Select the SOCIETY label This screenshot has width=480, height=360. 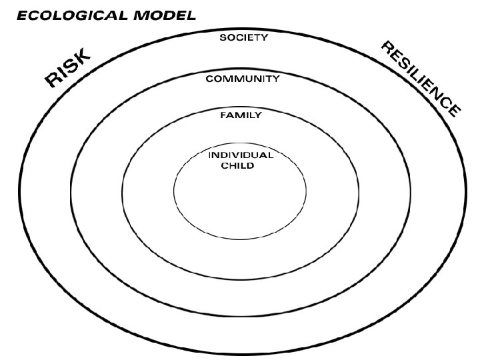(244, 38)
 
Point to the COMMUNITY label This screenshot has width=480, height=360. (242, 79)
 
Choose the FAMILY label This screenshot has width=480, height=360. (241, 115)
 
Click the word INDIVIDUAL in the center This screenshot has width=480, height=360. (241, 155)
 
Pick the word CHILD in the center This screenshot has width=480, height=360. (237, 165)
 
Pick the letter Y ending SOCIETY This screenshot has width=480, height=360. (265, 38)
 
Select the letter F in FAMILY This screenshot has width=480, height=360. (223, 115)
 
